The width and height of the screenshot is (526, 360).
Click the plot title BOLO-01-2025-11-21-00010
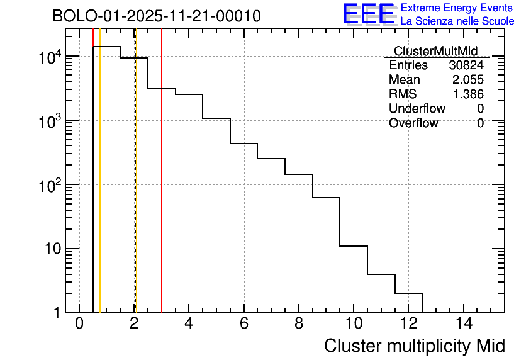pos(156,16)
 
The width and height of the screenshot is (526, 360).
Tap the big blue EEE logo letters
pos(368,14)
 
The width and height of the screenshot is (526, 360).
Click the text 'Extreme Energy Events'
pos(457,8)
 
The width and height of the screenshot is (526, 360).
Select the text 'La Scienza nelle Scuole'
pos(457,21)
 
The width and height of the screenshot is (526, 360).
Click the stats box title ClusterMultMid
pos(435,51)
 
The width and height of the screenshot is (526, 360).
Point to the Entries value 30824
pos(466,65)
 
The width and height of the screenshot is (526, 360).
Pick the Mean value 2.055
pos(468,80)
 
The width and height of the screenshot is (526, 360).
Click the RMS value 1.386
pos(468,94)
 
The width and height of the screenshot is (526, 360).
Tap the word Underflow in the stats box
pos(417,109)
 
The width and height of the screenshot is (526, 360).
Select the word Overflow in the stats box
pos(413,123)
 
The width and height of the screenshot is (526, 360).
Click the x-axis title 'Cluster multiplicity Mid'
pos(414,346)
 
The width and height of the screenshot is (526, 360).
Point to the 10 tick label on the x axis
pos(354,324)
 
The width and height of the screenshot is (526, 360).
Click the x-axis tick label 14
pos(463,324)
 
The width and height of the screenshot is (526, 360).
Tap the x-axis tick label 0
pos(79,324)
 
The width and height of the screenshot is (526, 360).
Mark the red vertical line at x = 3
pos(162,189)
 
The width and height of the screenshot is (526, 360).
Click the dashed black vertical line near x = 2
pos(135,189)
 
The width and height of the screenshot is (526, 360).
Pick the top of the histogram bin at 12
pos(408,293)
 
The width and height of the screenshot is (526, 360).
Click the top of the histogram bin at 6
pos(243,143)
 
